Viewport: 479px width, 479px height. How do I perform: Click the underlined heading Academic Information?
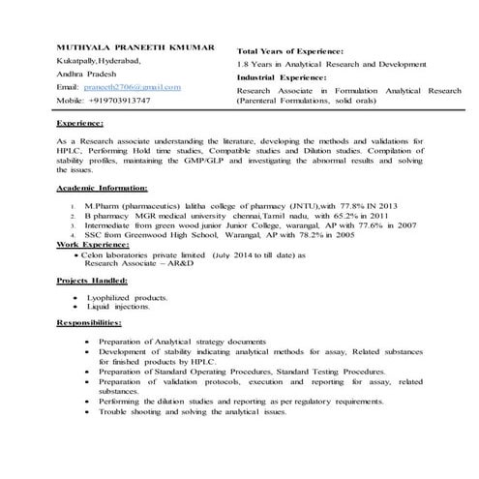102,187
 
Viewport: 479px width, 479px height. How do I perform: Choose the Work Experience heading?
93,246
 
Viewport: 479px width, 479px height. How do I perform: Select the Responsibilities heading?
89,320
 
